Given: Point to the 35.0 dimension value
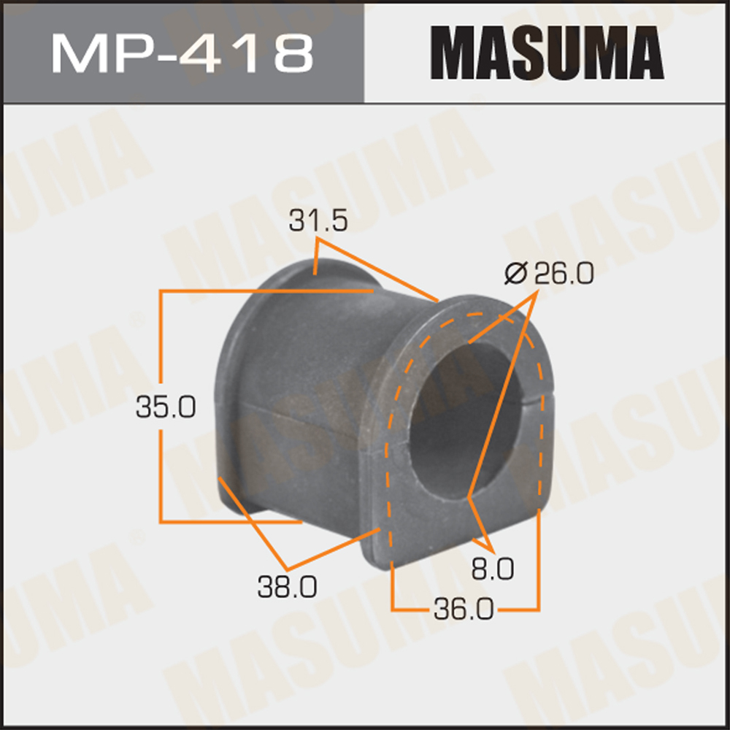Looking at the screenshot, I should pyautogui.click(x=166, y=407).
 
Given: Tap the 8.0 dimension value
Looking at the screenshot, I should pyautogui.click(x=493, y=566).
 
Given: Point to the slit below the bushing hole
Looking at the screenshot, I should pyautogui.click(x=466, y=504).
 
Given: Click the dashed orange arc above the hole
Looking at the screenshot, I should pyautogui.click(x=467, y=315).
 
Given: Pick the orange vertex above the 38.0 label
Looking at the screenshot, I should pyautogui.click(x=287, y=569).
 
